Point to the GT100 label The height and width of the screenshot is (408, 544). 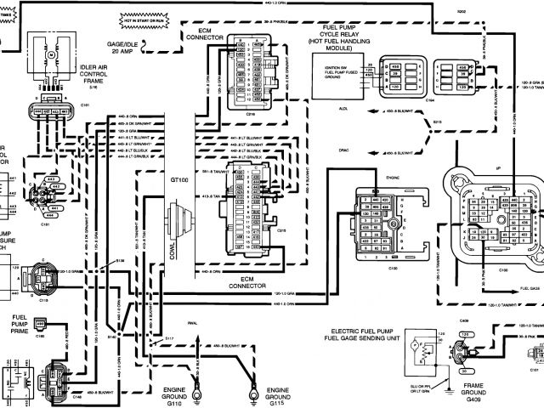coord(179,181)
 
